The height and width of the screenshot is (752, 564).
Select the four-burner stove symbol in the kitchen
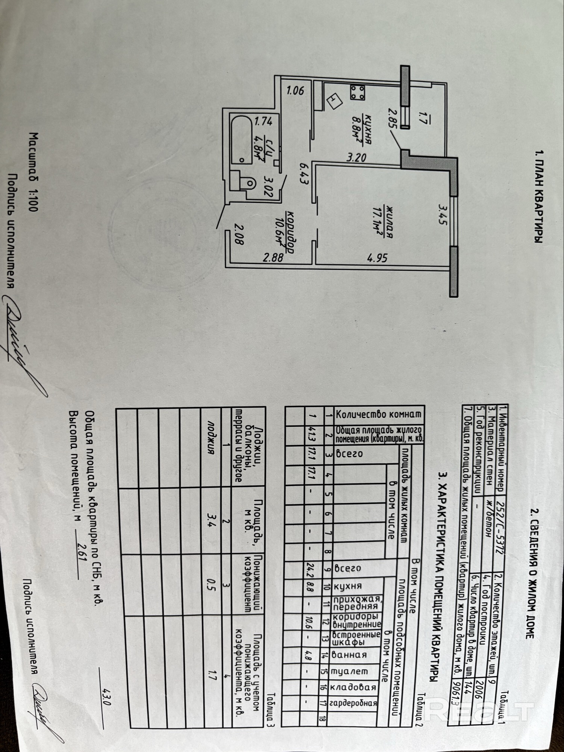point(357,92)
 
